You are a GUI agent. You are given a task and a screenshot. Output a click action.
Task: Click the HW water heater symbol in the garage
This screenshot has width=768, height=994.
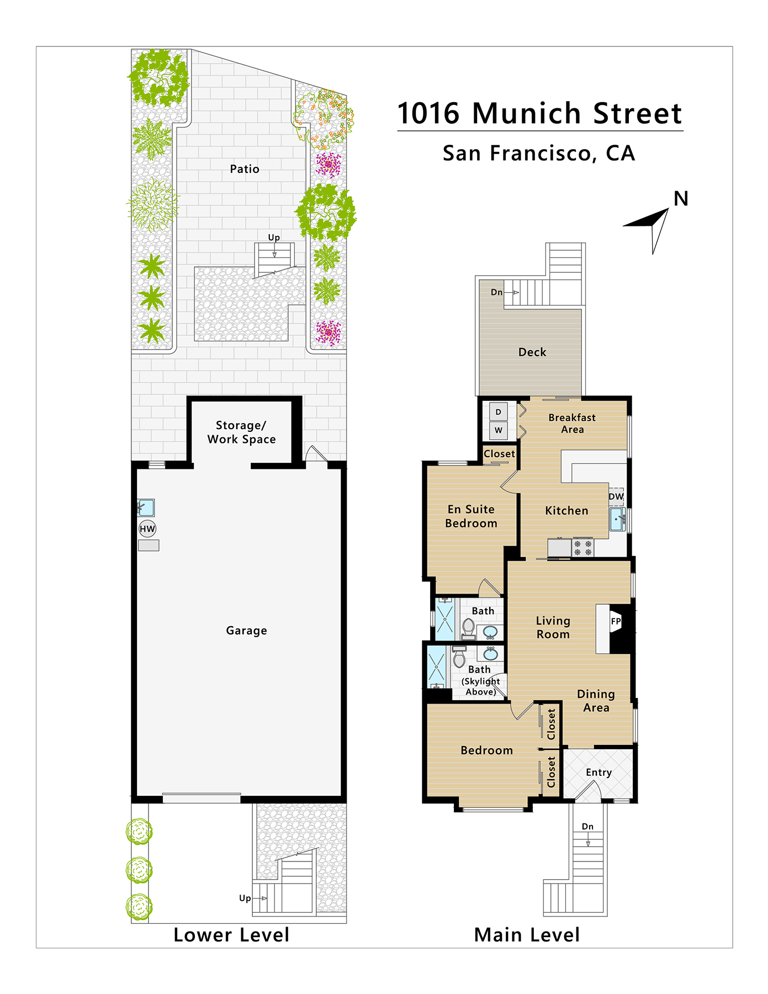[147, 529]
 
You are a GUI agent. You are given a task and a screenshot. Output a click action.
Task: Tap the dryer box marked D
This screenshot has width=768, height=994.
[499, 412]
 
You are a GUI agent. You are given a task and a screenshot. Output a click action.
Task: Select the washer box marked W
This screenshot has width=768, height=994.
[499, 430]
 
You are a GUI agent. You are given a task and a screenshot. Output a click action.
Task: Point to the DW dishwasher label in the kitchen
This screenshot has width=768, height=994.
[616, 496]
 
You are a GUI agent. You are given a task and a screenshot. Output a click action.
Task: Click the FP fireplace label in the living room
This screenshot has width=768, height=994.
[616, 621]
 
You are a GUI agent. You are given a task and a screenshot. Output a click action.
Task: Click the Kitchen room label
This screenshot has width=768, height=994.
[566, 511]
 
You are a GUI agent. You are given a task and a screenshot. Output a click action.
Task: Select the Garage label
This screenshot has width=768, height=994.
[246, 631]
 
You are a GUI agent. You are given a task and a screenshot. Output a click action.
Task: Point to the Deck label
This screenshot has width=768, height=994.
[532, 352]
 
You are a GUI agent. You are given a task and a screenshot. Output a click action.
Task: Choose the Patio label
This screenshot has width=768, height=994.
[245, 169]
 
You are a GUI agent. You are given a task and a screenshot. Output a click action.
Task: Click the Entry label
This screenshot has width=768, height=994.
[599, 773]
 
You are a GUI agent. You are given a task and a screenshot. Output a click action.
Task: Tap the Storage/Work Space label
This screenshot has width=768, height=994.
[241, 432]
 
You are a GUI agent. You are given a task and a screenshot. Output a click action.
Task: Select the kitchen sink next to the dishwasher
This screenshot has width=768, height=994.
[618, 520]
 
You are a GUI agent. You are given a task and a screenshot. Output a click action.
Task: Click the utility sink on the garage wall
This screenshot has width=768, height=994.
[146, 507]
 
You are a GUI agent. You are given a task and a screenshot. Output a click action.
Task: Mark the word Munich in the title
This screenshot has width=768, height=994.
[527, 113]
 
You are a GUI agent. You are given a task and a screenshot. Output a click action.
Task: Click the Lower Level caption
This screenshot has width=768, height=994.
[231, 935]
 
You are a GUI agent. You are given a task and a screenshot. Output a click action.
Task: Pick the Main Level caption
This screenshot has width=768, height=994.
[527, 935]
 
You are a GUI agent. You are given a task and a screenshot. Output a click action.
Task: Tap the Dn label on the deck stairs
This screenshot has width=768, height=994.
[497, 292]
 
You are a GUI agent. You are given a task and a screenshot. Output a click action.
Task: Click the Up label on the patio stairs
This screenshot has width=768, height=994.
[274, 237]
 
